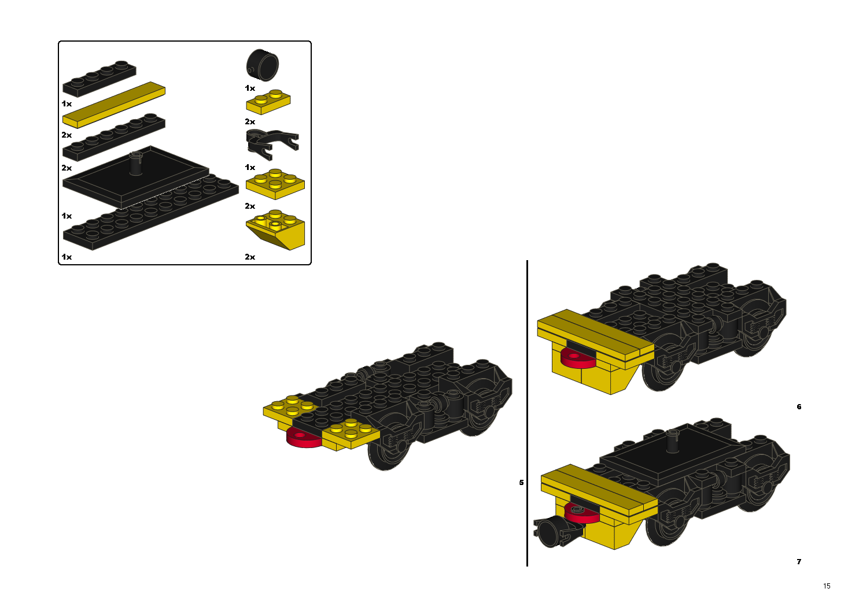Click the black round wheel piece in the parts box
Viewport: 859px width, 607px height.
(x=262, y=65)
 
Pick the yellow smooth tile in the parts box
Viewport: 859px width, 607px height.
(x=114, y=105)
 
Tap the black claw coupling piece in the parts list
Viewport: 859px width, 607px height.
(x=271, y=144)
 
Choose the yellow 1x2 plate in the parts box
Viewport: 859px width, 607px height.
(x=268, y=102)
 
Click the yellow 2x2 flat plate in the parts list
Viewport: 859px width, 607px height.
(x=275, y=184)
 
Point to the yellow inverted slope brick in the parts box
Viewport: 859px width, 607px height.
(x=275, y=230)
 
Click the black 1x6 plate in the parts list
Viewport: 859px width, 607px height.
(x=114, y=137)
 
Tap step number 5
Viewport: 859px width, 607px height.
(x=521, y=483)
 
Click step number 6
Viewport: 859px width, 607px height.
(x=799, y=406)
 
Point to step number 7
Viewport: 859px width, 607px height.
(x=799, y=561)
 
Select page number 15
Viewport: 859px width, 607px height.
(x=827, y=586)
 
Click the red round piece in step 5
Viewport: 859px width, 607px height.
(x=303, y=439)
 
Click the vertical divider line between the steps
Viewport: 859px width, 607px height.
(x=528, y=413)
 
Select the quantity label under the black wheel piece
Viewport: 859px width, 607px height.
(x=250, y=88)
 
